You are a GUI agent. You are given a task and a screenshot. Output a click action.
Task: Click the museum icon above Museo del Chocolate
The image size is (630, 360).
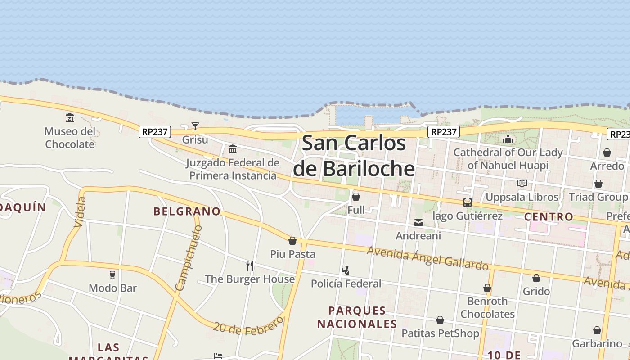[x=70, y=118]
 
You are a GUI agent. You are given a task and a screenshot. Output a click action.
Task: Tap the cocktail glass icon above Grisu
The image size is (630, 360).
[x=195, y=126]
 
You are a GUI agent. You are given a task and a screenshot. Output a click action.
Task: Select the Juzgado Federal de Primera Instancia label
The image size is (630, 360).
[x=233, y=169]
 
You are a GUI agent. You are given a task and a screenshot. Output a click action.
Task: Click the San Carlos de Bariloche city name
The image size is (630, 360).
[x=354, y=156]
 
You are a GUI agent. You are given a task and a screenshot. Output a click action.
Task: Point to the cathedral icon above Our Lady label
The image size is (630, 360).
[x=508, y=139]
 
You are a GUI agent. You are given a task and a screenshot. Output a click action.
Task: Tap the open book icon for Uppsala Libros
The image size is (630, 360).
[x=522, y=184]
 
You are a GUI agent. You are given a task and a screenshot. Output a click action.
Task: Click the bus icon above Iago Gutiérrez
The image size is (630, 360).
[x=468, y=202]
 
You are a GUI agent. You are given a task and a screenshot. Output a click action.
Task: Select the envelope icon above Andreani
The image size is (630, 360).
[x=418, y=222]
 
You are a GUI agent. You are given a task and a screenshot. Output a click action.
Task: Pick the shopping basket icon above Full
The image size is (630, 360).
[x=356, y=197]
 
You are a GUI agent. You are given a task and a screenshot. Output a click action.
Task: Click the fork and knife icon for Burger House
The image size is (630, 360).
[x=250, y=266]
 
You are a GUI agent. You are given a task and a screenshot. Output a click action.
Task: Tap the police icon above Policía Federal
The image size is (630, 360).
[x=346, y=270]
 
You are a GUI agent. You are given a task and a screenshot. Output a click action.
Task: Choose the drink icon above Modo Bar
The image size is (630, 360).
[x=112, y=274]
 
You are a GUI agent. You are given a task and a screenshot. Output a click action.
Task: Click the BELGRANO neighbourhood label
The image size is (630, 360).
[x=187, y=211]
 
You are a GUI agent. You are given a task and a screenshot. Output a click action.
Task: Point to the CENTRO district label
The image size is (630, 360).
[x=549, y=217]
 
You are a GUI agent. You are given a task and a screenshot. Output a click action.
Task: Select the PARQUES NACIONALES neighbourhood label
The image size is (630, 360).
[x=357, y=317]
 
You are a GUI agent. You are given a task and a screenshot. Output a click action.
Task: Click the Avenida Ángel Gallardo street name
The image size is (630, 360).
[x=427, y=258]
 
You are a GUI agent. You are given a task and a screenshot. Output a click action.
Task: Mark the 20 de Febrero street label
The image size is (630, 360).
[x=248, y=325]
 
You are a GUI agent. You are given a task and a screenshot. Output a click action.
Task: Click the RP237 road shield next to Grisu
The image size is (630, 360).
[x=154, y=132]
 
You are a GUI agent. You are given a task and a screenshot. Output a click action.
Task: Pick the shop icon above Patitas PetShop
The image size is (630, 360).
[x=440, y=320]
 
